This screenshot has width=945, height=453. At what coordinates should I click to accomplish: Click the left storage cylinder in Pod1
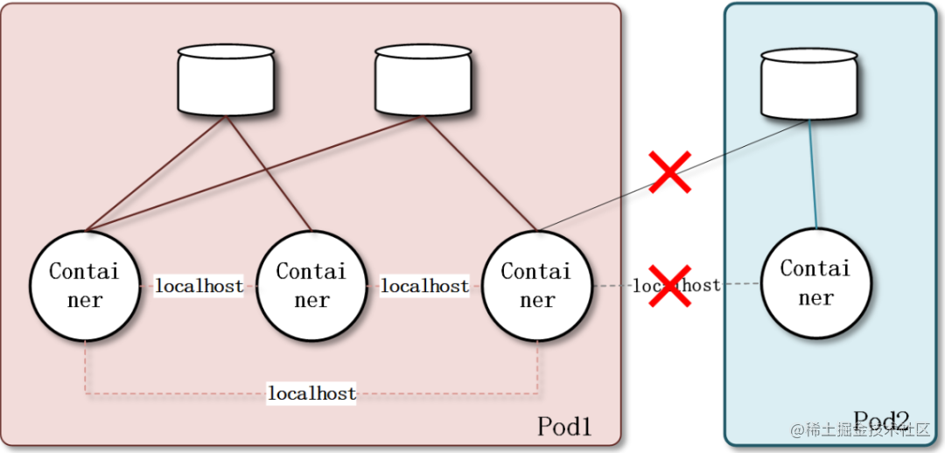point(226,80)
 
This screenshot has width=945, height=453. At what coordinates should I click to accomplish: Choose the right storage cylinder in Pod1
point(423,80)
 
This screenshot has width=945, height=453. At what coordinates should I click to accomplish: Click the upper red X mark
point(669,171)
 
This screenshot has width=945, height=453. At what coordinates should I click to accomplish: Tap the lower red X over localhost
point(669,286)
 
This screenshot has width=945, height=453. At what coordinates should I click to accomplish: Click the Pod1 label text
point(564,426)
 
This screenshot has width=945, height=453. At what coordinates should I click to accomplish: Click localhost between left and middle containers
point(199,286)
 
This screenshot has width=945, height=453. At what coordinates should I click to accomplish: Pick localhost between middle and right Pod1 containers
point(424,286)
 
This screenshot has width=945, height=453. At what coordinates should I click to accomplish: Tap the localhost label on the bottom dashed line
point(311,394)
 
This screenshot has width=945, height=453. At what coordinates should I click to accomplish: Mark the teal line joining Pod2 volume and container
point(814,175)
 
